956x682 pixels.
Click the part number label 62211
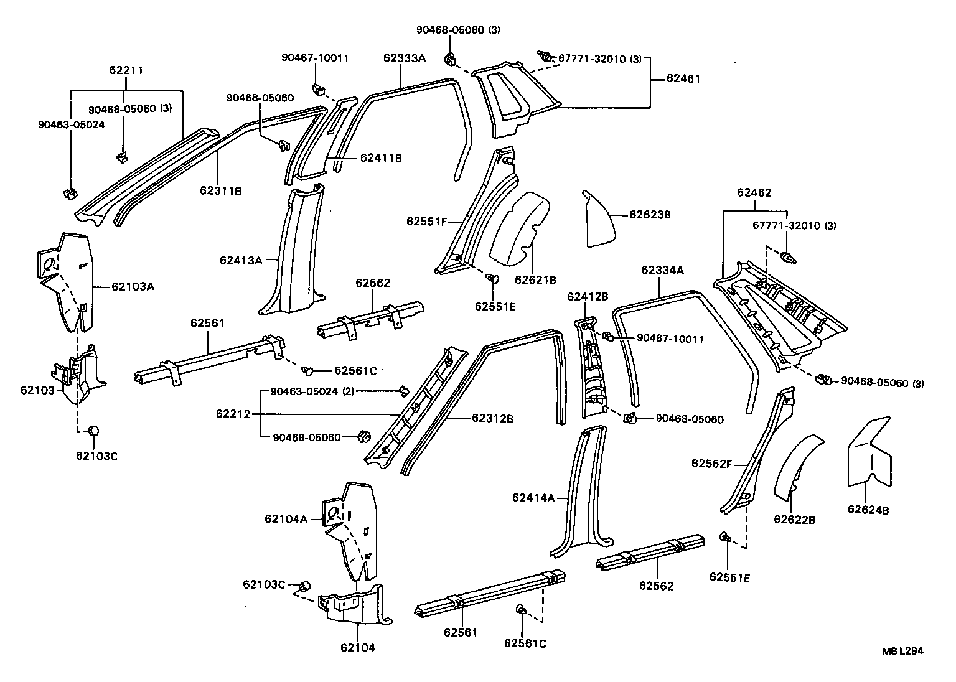click(x=126, y=70)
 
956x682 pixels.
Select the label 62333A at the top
click(x=404, y=58)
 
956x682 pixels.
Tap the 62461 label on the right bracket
click(x=683, y=79)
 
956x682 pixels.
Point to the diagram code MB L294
click(x=902, y=651)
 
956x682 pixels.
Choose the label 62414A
click(x=533, y=497)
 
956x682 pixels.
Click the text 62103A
click(x=133, y=287)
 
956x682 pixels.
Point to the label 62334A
click(x=662, y=269)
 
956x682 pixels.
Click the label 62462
click(x=754, y=192)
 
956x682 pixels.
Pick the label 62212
click(x=233, y=414)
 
